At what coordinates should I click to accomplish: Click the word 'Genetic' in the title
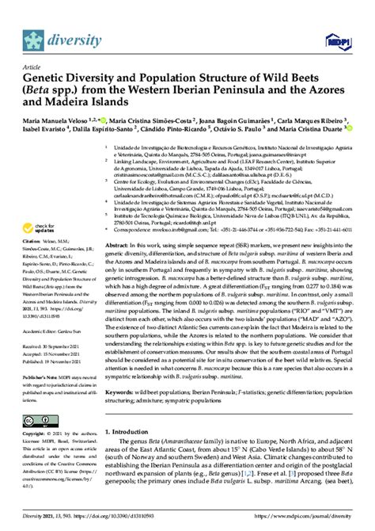tap(48, 79)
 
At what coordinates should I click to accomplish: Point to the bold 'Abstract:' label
tap(119, 224)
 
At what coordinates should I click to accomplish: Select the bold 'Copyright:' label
tap(36, 436)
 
